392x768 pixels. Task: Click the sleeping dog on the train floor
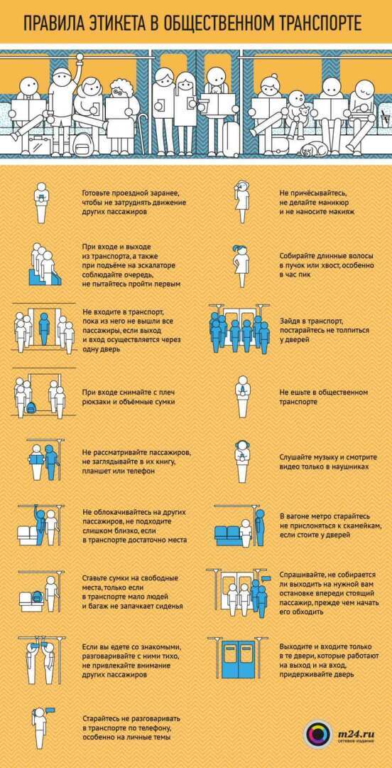tap(311, 148)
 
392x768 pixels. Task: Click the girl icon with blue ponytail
tap(241, 267)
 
